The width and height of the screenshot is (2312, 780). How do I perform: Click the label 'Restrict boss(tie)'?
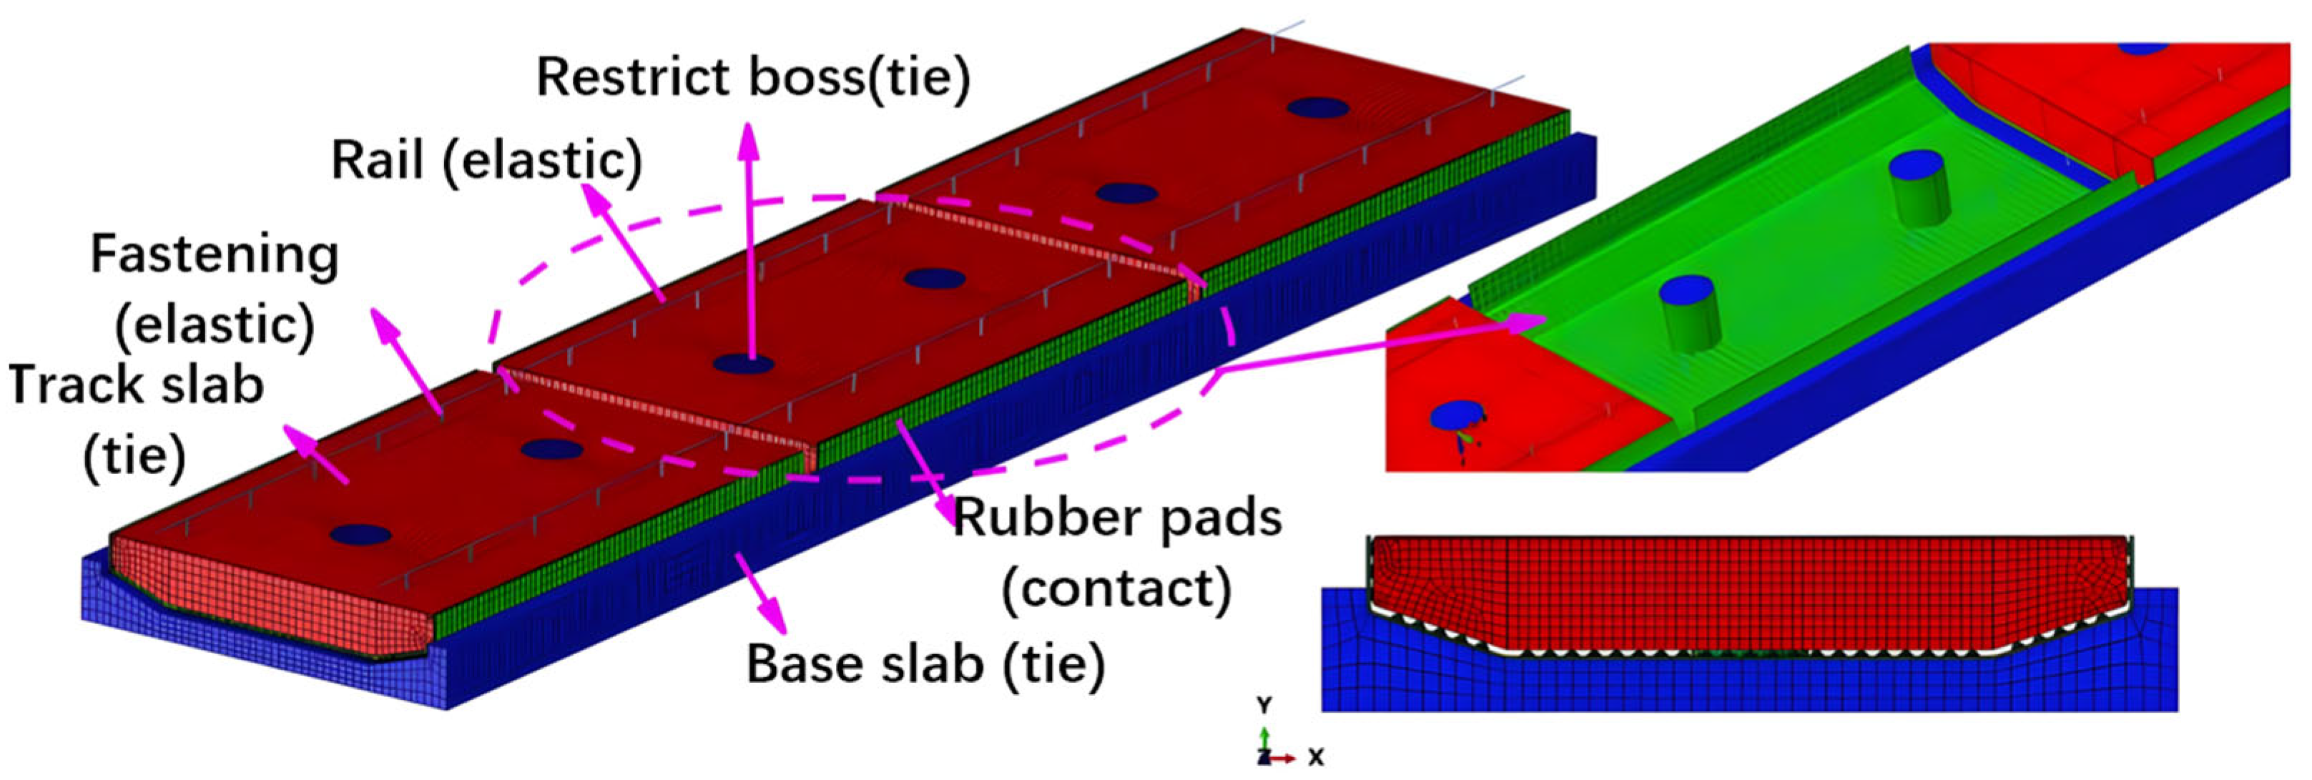(752, 78)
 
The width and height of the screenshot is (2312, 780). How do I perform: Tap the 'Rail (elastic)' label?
(486, 162)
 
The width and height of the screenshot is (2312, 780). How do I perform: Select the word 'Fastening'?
(215, 255)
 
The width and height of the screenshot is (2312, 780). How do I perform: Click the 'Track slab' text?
(137, 386)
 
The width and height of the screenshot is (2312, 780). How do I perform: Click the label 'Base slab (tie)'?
(925, 664)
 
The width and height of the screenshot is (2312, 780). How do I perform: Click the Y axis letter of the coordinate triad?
(1264, 705)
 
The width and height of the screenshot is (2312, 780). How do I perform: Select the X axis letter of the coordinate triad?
(1315, 759)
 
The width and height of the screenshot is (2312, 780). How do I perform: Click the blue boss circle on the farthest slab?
(1317, 109)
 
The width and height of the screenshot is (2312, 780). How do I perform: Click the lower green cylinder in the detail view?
(1688, 314)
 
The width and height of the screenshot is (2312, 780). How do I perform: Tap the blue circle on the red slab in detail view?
(1455, 415)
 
